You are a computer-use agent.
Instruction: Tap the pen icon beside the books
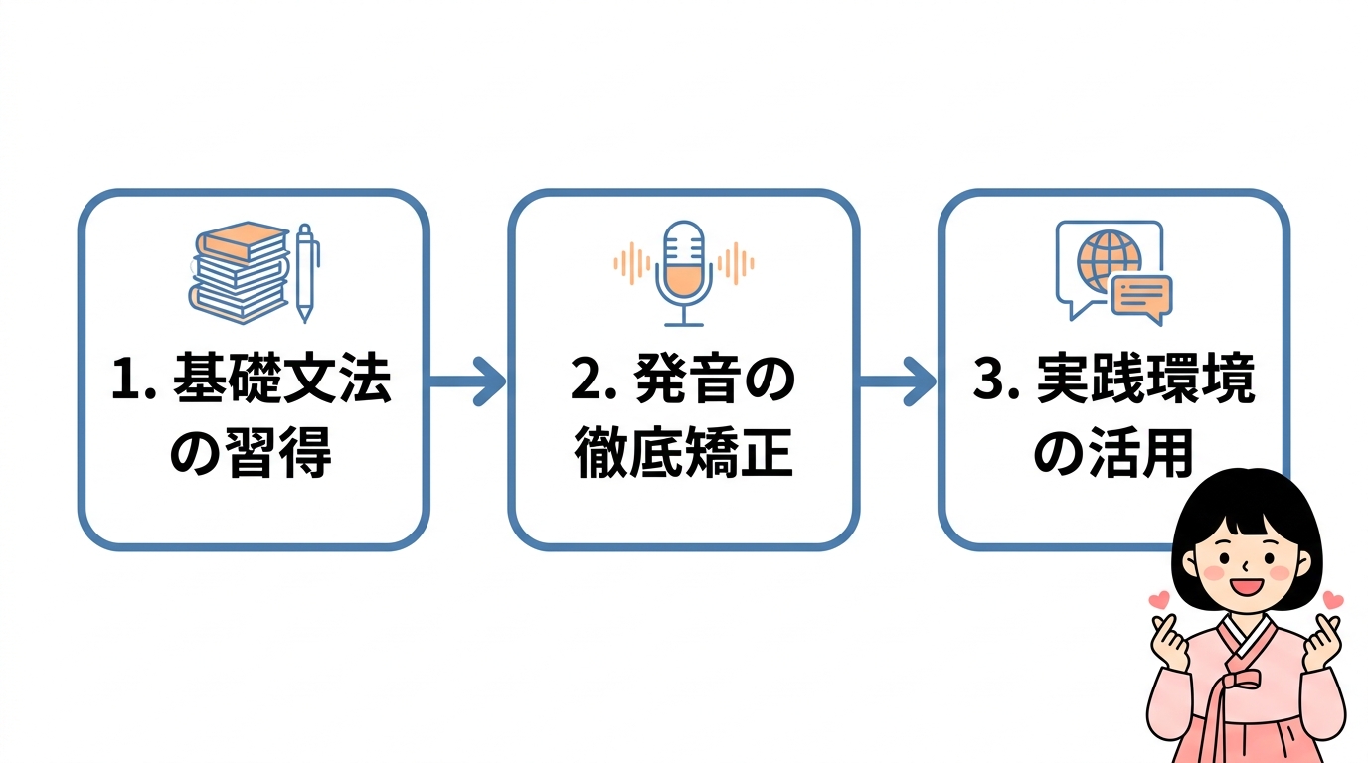click(306, 272)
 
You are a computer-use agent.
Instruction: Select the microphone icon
click(683, 272)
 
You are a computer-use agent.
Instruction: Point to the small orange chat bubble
click(1140, 297)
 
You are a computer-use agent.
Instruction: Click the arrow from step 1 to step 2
click(467, 382)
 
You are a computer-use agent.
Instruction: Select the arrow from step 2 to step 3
click(897, 382)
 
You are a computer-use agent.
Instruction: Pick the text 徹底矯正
click(683, 455)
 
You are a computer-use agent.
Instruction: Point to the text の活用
click(1112, 455)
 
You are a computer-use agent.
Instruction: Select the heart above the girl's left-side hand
click(1158, 600)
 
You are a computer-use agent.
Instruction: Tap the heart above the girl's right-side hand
click(1333, 600)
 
